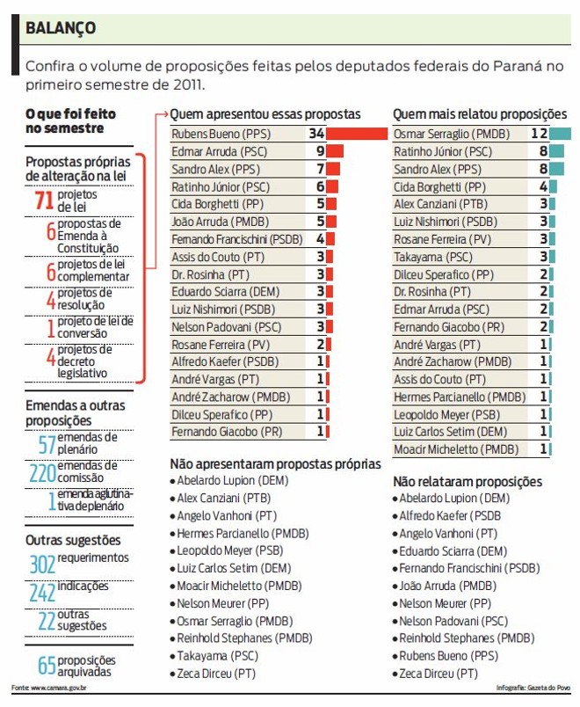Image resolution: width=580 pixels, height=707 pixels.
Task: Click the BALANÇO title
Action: pyautogui.click(x=61, y=28)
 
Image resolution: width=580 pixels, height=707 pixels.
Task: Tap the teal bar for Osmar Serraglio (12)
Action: pyautogui.click(x=561, y=134)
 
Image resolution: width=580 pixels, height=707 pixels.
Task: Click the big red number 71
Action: pyautogui.click(x=43, y=200)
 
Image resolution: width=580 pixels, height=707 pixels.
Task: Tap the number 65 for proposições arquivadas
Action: pyautogui.click(x=46, y=666)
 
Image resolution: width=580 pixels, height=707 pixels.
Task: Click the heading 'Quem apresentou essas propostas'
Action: pyautogui.click(x=265, y=114)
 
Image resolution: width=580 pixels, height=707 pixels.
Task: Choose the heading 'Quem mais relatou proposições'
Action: pyautogui.click(x=480, y=114)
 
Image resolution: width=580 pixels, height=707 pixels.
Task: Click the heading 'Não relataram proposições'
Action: pyautogui.click(x=467, y=482)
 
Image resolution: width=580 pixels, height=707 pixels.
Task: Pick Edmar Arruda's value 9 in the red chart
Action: pyautogui.click(x=321, y=151)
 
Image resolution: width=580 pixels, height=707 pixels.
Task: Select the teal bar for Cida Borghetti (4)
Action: pyautogui.click(x=554, y=186)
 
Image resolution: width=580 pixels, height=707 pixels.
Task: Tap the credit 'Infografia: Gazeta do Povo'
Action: pyautogui.click(x=533, y=688)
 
